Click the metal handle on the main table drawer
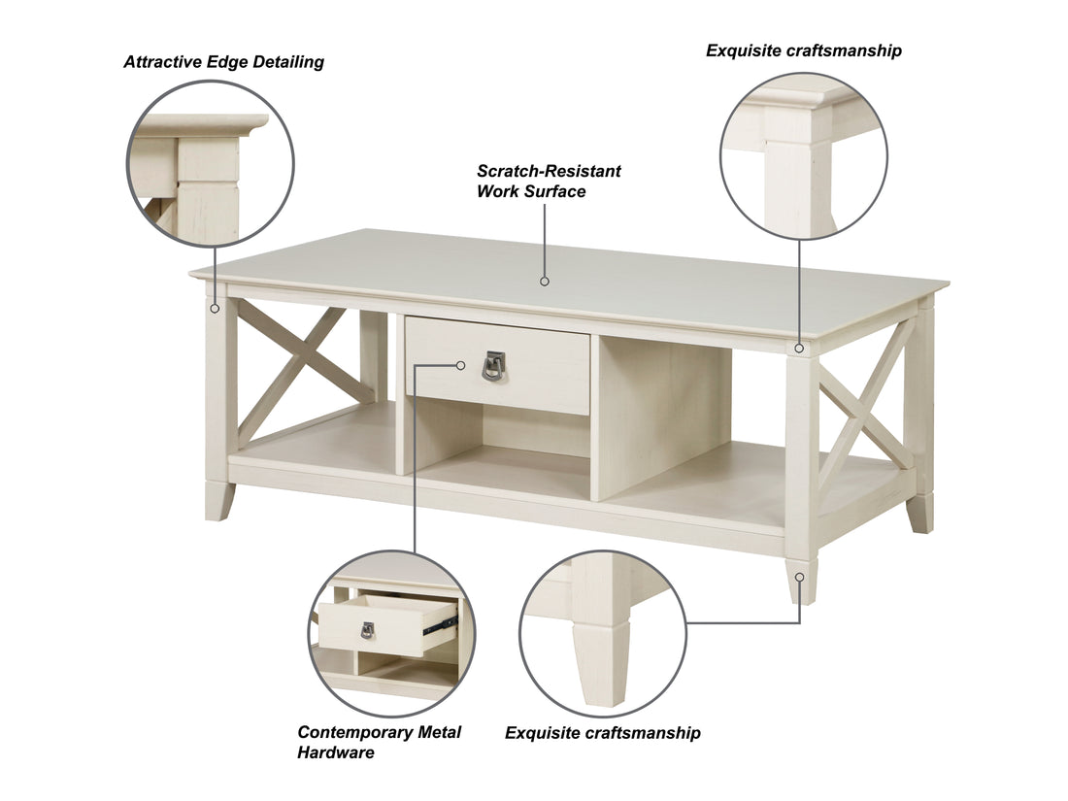[494, 365]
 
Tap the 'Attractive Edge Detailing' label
[223, 62]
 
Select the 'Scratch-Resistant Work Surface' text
[549, 182]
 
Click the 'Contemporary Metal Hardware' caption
[379, 742]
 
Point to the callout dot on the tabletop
[545, 282]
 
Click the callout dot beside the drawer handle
[462, 365]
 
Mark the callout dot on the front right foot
[801, 577]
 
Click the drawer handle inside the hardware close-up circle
[368, 631]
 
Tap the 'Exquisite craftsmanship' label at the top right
[803, 50]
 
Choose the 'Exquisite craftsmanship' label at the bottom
[602, 733]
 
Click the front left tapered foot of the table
[218, 499]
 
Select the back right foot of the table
[919, 512]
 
